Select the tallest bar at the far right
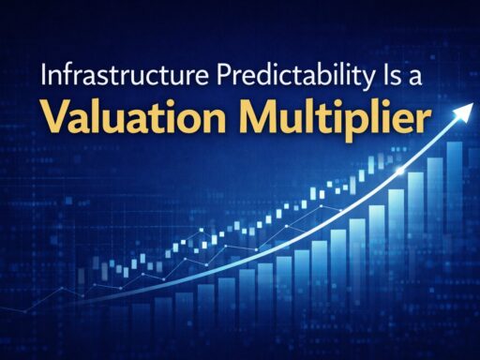[455, 244]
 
